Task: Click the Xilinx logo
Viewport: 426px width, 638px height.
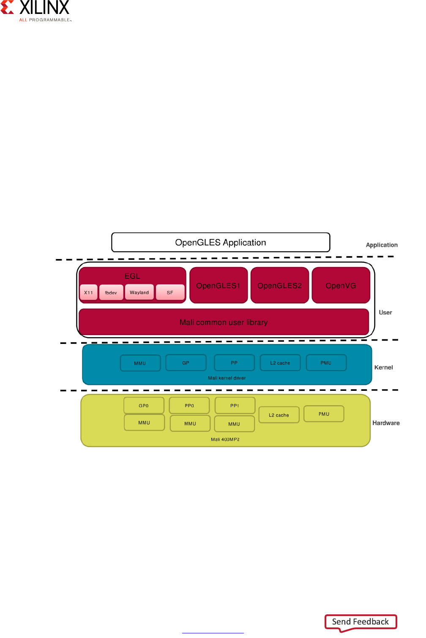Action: (x=35, y=11)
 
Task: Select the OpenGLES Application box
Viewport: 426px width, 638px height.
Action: (x=221, y=243)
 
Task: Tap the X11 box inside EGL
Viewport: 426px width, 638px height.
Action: (x=88, y=292)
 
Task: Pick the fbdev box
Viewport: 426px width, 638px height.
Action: (x=111, y=292)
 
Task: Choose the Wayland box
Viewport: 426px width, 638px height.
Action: (x=139, y=292)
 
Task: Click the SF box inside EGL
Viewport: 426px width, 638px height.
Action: (x=170, y=292)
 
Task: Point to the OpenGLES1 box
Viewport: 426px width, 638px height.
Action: (x=218, y=286)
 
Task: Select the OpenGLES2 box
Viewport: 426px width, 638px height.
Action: (x=280, y=286)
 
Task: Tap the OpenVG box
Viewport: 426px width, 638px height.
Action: (x=341, y=286)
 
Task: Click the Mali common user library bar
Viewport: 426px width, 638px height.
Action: (x=224, y=322)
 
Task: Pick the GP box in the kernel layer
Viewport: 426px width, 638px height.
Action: (x=186, y=363)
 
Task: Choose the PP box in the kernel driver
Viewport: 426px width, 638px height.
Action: (x=234, y=363)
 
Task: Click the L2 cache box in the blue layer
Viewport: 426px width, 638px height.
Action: (x=280, y=363)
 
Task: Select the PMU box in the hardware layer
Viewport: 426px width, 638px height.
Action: (x=324, y=414)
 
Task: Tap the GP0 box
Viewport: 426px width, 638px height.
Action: (x=144, y=406)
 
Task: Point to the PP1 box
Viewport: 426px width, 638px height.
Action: (x=235, y=406)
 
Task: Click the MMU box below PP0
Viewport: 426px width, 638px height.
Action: (x=190, y=423)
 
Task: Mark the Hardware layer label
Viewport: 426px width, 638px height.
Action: (x=386, y=423)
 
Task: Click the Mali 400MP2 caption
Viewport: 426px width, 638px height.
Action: (x=225, y=439)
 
